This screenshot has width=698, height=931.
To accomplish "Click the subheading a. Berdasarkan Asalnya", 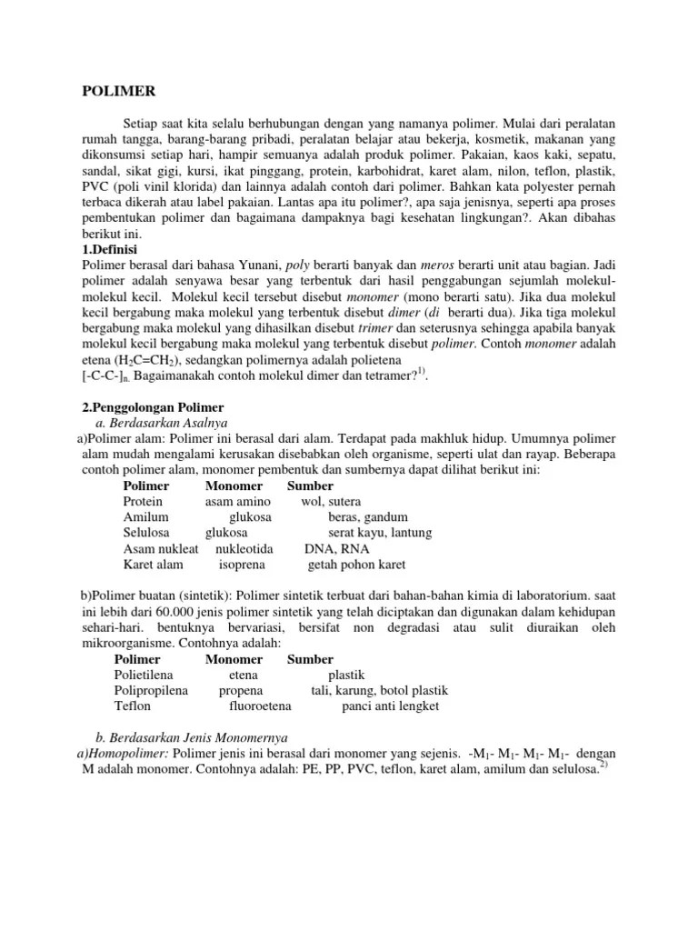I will [x=162, y=423].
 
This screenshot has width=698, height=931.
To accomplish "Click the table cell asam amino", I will [x=238, y=502].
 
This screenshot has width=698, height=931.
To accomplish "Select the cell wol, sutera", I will [x=331, y=502].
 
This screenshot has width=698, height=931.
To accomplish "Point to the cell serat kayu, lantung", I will [x=380, y=533].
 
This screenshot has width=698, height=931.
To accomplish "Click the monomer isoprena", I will [x=242, y=565].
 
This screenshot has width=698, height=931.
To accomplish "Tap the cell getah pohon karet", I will [x=356, y=565].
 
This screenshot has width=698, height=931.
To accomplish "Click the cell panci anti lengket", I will [x=390, y=706].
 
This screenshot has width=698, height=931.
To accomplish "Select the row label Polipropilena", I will [x=151, y=690].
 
